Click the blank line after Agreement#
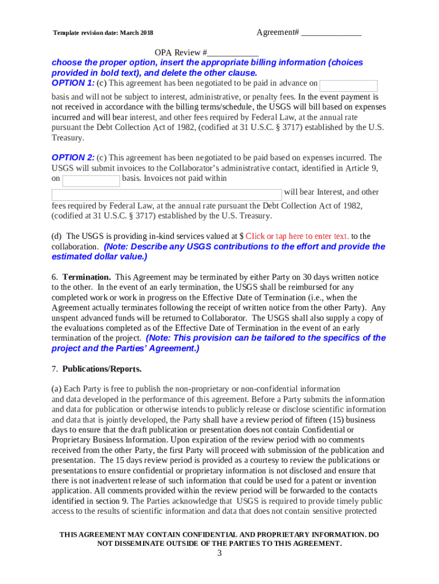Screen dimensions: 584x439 [331, 34]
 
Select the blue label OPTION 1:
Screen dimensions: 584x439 [73, 83]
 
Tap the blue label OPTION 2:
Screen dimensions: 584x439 [73, 157]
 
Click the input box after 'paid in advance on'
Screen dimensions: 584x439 [348, 86]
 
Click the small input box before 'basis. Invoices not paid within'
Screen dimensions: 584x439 [91, 181]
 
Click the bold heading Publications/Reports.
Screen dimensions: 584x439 [102, 368]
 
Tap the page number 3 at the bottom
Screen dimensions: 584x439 [219, 554]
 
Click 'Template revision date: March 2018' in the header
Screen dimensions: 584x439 [103, 33]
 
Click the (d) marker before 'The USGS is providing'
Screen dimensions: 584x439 [56, 236]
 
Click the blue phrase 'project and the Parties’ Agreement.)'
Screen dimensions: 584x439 [125, 348]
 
